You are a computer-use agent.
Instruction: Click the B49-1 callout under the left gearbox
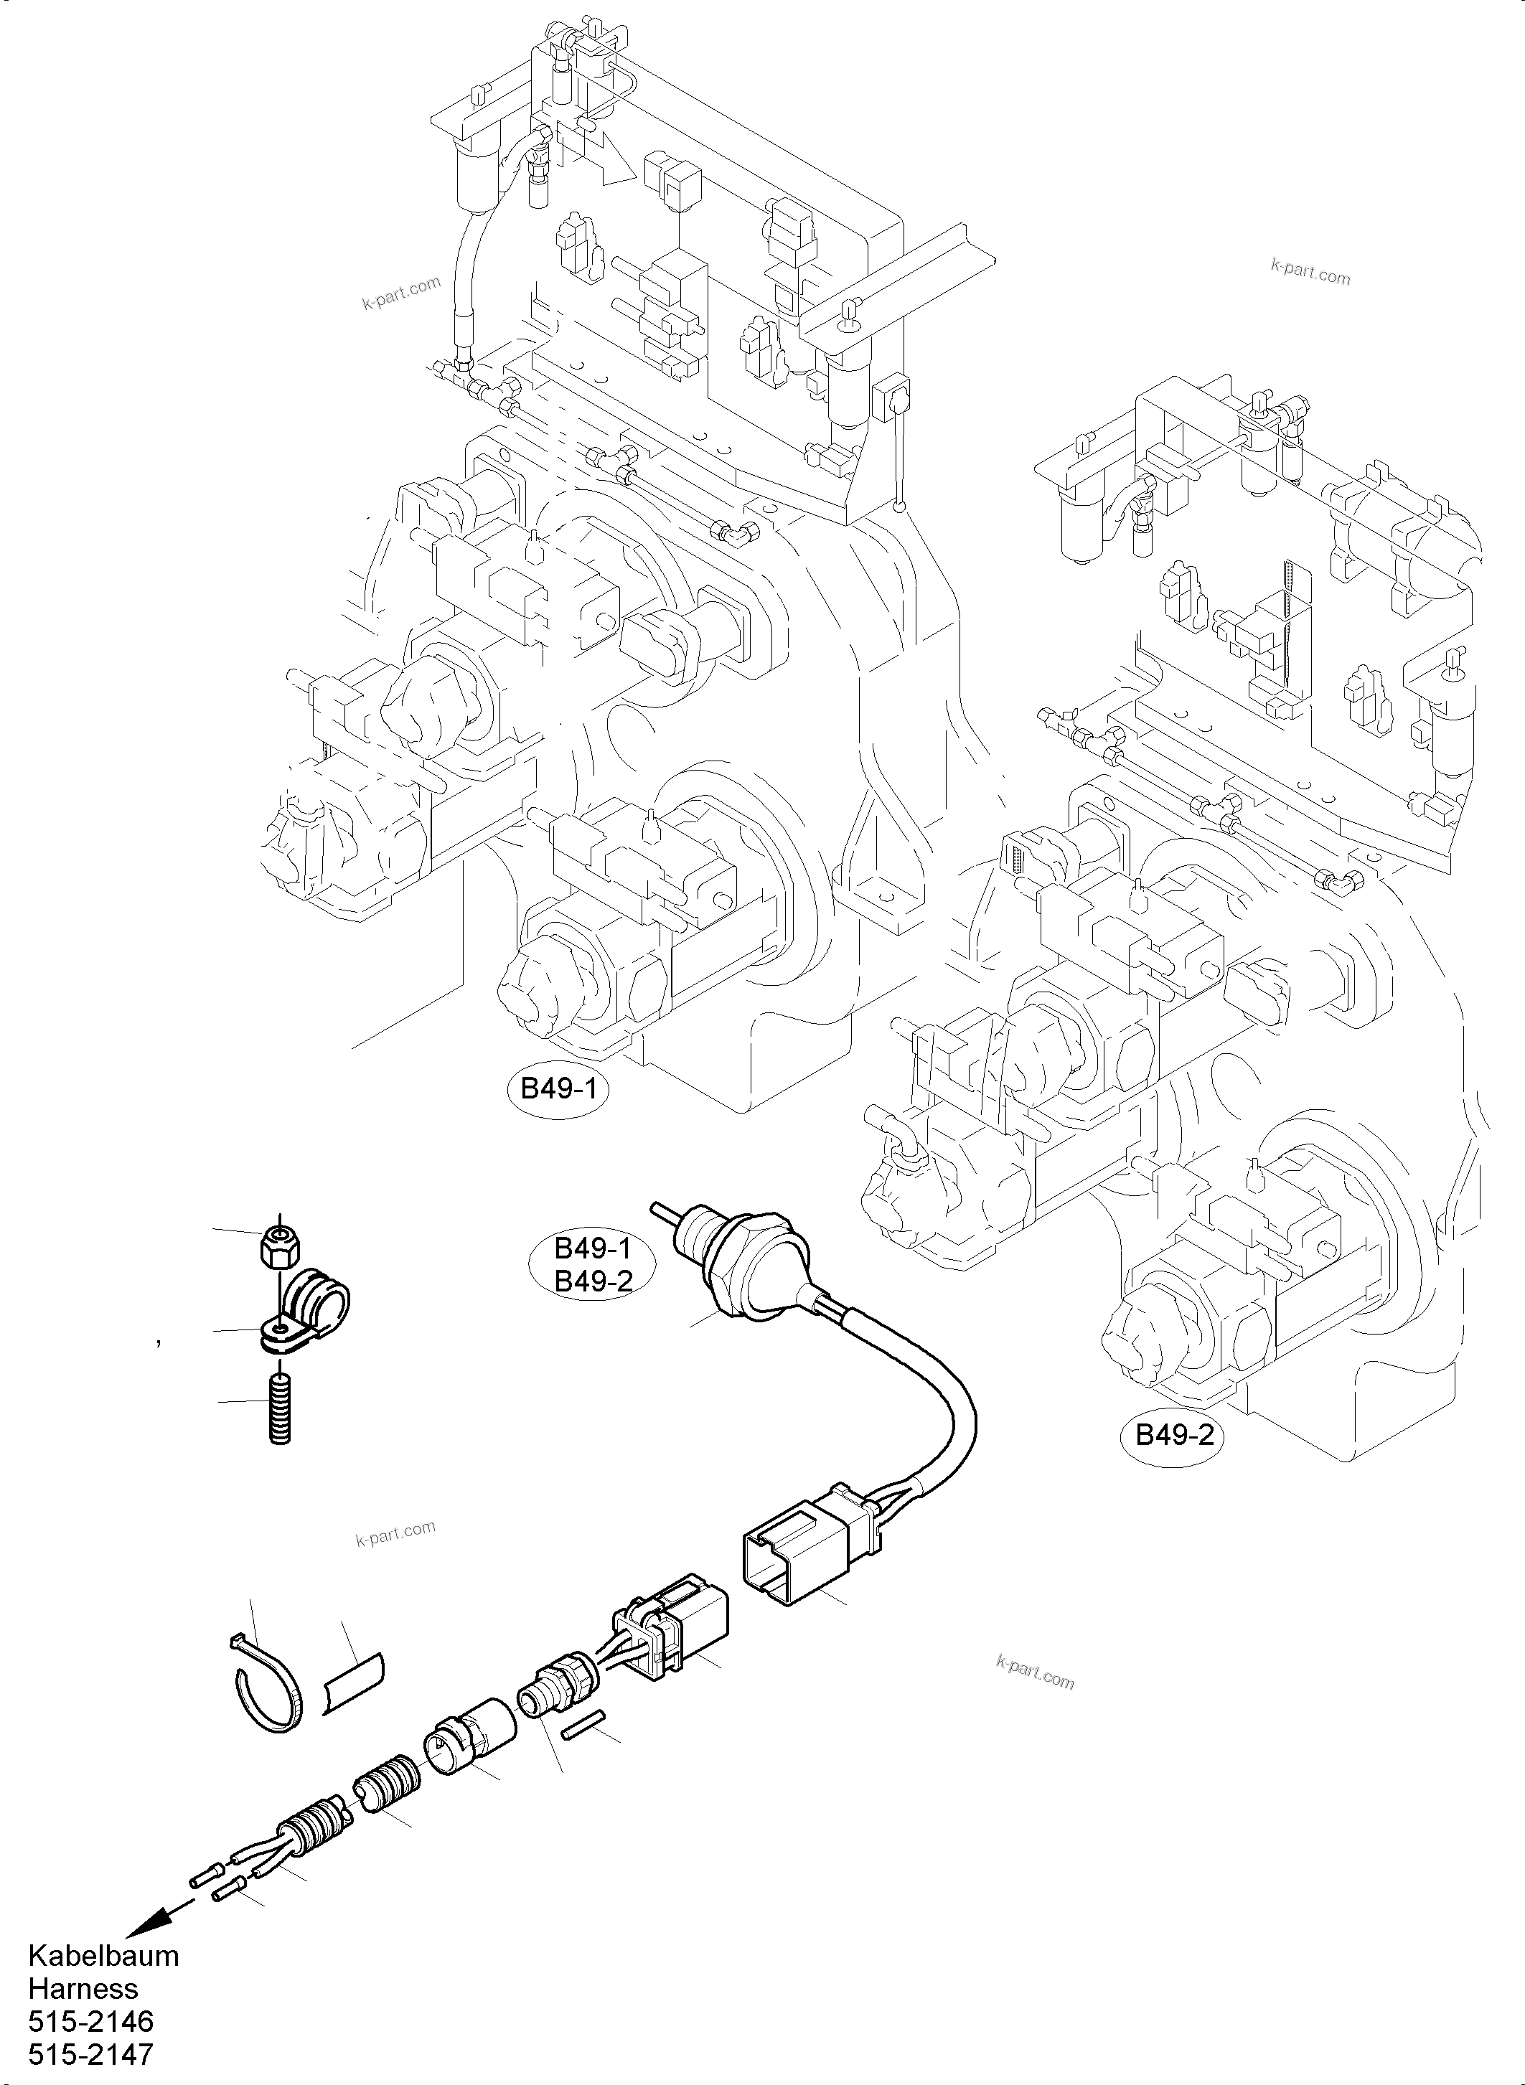click(558, 1089)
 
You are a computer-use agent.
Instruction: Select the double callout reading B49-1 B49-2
click(592, 1263)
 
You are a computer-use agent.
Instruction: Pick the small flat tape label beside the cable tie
click(355, 1685)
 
